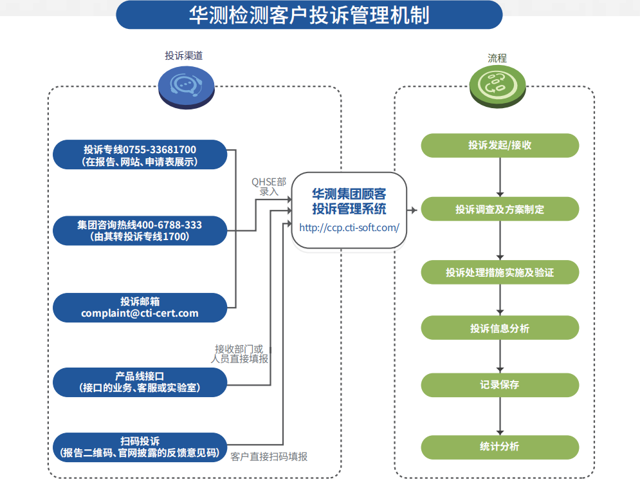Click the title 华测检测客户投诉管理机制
click(309, 15)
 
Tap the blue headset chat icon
click(187, 87)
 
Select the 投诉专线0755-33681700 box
click(140, 155)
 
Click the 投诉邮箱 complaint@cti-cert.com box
click(140, 307)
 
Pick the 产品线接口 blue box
click(140, 382)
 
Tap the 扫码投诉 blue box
click(140, 447)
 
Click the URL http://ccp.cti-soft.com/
click(349, 227)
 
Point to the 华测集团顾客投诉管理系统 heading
click(349, 200)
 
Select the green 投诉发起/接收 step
click(500, 145)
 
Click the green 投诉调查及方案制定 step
click(500, 209)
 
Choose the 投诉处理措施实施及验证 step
click(500, 272)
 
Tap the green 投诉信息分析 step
click(500, 328)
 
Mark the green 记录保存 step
click(500, 385)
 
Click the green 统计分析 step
click(500, 447)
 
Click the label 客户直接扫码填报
click(269, 456)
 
